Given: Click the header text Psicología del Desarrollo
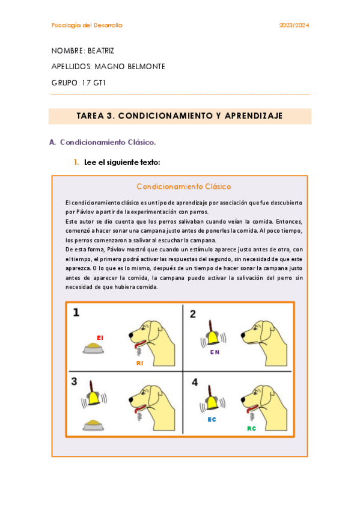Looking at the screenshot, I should (87, 25).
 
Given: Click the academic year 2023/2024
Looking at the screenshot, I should (294, 25).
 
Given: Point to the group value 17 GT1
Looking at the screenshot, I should (93, 83).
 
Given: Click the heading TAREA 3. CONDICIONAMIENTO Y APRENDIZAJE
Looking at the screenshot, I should (180, 115).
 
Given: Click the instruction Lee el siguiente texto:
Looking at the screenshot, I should (121, 162).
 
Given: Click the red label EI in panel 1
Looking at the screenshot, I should (100, 337).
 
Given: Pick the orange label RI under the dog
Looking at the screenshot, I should (139, 363).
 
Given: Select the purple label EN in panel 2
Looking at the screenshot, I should (215, 352).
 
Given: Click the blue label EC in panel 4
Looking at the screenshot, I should (212, 419).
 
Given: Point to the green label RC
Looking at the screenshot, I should (251, 428).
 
